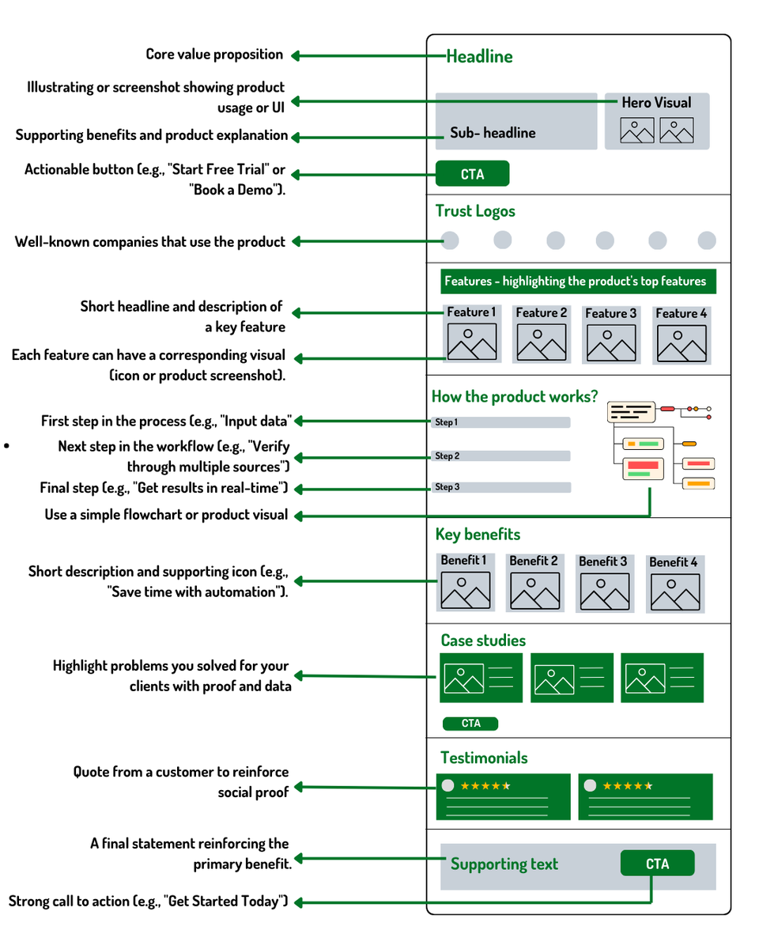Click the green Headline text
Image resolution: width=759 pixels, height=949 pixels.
pyautogui.click(x=479, y=56)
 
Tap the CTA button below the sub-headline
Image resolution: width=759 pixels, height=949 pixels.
pyautogui.click(x=472, y=174)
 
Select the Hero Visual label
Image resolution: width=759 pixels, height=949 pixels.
pyautogui.click(x=656, y=102)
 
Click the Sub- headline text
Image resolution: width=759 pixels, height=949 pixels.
pyautogui.click(x=493, y=133)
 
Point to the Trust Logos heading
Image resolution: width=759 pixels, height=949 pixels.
pyautogui.click(x=475, y=211)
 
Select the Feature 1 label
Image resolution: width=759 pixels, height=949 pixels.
pyautogui.click(x=471, y=312)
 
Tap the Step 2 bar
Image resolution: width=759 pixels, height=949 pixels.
pyautogui.click(x=501, y=456)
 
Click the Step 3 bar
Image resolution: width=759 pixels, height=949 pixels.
pyautogui.click(x=501, y=487)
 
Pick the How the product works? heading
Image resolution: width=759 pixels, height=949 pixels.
pyautogui.click(x=515, y=396)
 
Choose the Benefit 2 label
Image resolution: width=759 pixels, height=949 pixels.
pyautogui.click(x=534, y=561)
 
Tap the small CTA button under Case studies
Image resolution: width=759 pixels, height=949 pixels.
pyautogui.click(x=470, y=723)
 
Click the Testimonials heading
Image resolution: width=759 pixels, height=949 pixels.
pyautogui.click(x=484, y=758)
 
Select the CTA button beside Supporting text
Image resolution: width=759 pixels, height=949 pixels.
pyautogui.click(x=657, y=864)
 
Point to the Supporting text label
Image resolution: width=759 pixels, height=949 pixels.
pyautogui.click(x=504, y=864)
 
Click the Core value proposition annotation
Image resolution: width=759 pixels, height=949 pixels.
pyautogui.click(x=214, y=55)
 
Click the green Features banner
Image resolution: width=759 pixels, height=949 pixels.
pyautogui.click(x=575, y=282)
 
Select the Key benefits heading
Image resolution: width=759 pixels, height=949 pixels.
pyautogui.click(x=478, y=535)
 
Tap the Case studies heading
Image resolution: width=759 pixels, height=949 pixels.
pyautogui.click(x=483, y=641)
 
